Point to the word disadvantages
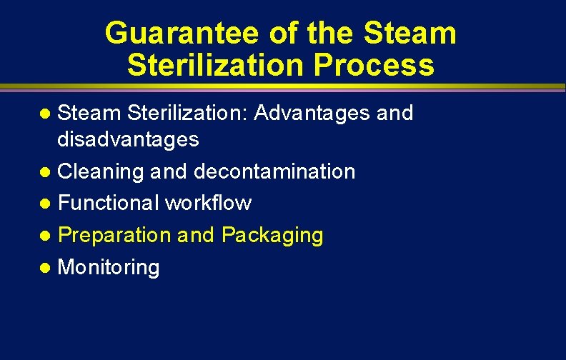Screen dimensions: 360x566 click(128, 139)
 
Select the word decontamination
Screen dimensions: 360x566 click(274, 171)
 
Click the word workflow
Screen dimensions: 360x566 click(208, 203)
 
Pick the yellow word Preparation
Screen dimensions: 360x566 click(114, 235)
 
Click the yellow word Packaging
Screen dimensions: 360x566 click(272, 235)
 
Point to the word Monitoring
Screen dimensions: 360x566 click(109, 267)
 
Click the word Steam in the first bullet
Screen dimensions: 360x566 click(89, 113)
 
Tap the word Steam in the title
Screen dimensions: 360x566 click(409, 34)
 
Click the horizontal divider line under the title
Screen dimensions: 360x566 click(283, 88)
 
